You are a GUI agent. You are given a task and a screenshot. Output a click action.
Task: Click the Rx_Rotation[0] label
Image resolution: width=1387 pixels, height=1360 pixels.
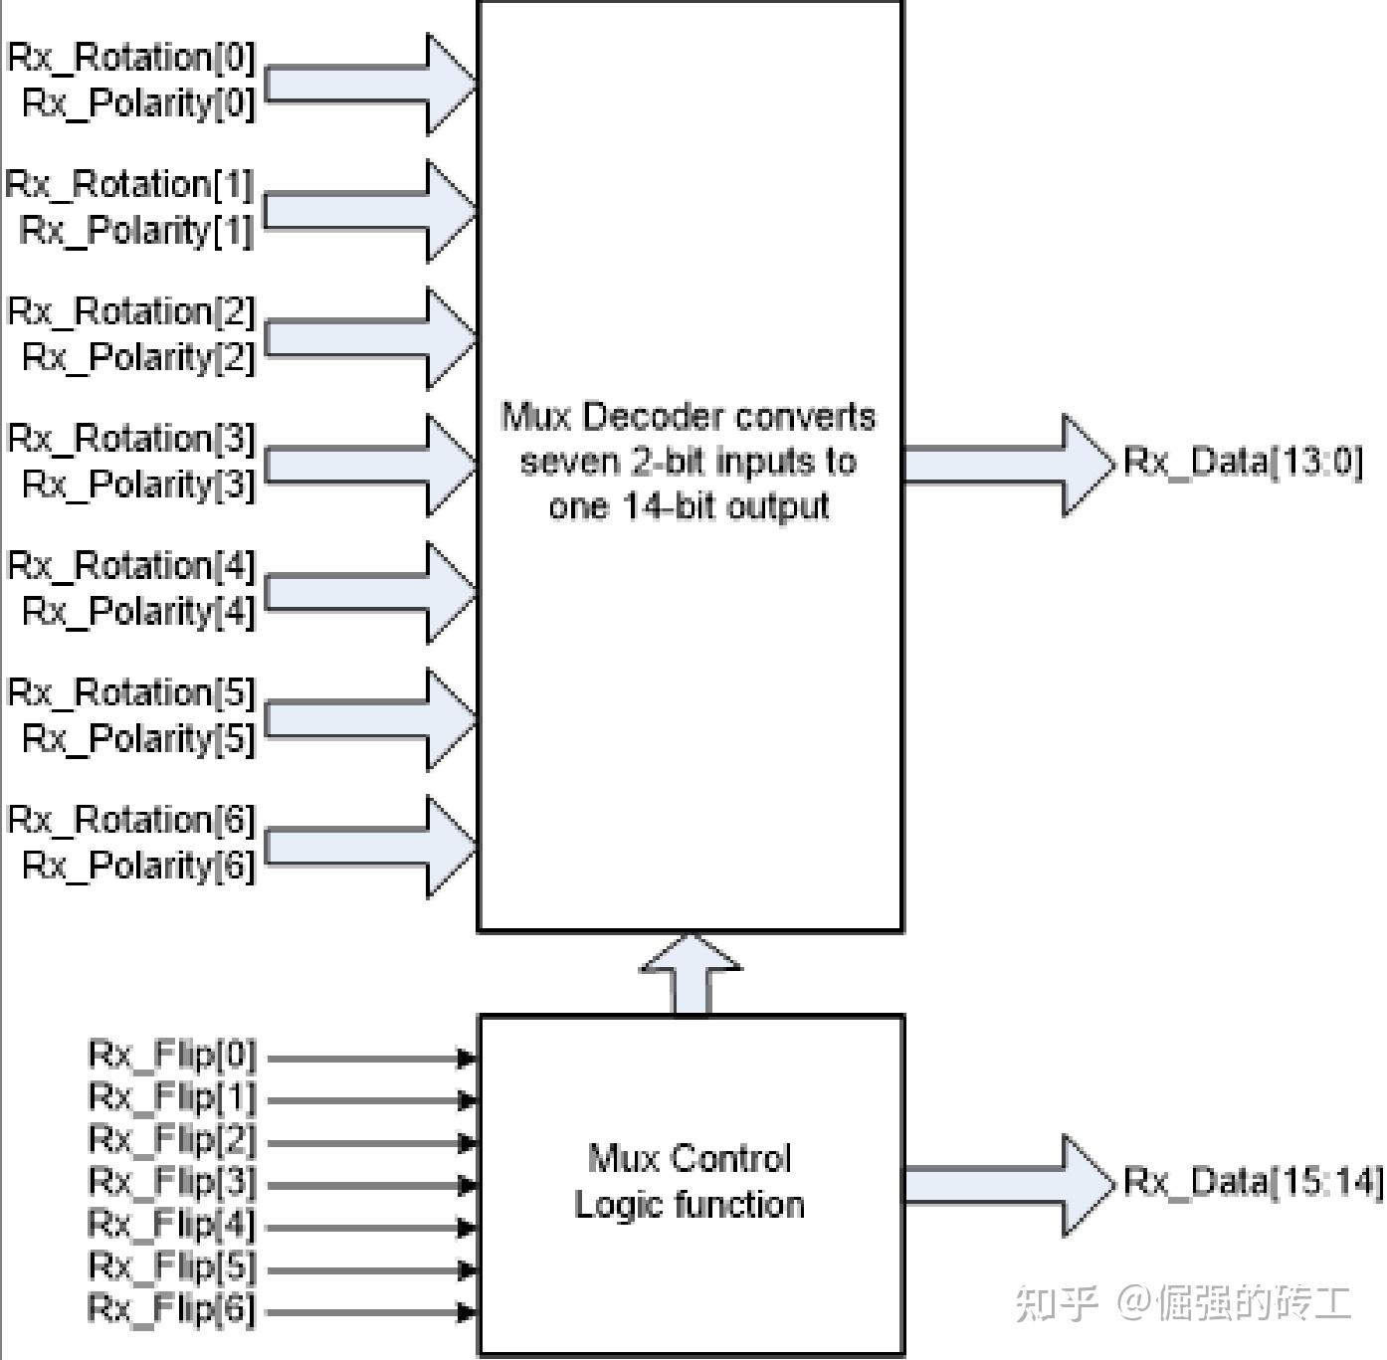[131, 58]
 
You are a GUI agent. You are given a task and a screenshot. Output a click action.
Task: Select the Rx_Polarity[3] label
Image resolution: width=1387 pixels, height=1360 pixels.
[138, 485]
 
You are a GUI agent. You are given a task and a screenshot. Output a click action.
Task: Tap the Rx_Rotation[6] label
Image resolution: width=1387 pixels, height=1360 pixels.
[131, 820]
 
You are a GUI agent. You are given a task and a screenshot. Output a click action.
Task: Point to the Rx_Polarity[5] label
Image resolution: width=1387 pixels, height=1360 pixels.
[138, 738]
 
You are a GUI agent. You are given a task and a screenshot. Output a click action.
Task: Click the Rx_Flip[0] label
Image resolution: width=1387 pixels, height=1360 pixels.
[172, 1055]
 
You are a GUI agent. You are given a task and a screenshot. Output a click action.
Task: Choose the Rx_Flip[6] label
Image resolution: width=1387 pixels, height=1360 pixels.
[172, 1308]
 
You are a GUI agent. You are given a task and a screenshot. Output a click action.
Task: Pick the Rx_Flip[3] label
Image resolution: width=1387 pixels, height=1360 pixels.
[172, 1182]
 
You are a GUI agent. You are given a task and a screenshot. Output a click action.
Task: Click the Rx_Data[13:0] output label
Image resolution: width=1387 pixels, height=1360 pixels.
[1243, 462]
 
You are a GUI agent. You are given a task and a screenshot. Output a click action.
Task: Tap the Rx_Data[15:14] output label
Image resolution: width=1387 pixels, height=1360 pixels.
[1253, 1182]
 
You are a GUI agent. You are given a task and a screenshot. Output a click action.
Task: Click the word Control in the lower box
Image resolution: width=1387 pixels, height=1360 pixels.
[731, 1158]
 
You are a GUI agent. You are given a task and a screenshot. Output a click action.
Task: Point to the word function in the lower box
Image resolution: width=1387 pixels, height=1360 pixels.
[739, 1205]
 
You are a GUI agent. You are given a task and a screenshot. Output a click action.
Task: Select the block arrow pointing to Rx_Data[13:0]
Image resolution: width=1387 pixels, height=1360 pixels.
[1005, 465]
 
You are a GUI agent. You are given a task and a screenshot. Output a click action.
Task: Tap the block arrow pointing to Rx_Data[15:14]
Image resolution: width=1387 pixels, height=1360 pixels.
[1005, 1185]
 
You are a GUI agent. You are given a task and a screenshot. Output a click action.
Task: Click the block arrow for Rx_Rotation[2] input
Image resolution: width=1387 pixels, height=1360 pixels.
[368, 338]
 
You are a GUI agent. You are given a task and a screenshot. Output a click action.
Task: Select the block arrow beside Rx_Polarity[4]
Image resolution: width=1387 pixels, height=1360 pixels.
[368, 592]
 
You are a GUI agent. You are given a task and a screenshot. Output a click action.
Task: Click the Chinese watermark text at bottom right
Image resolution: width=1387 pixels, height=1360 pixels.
[1183, 1302]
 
